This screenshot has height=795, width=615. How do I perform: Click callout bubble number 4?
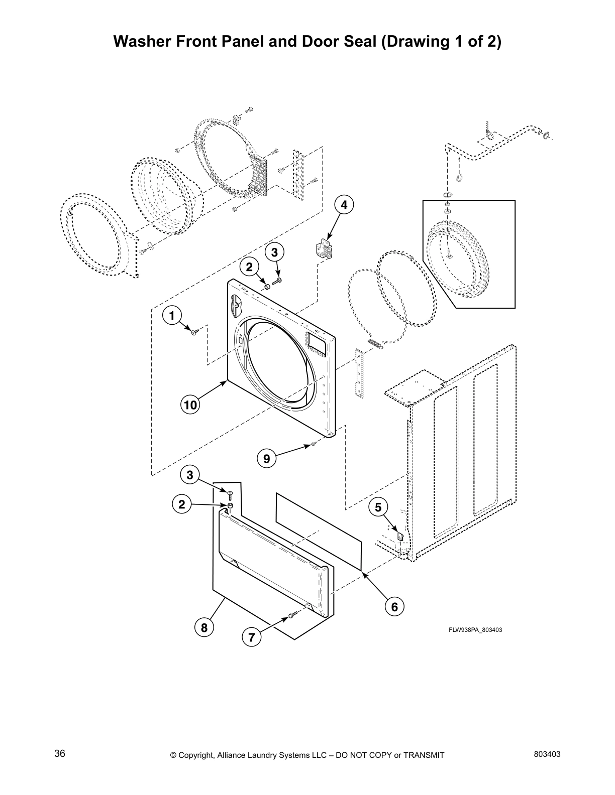(344, 205)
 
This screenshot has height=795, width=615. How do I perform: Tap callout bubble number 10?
(190, 405)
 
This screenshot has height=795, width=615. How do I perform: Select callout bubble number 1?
(171, 316)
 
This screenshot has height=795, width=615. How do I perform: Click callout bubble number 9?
(266, 458)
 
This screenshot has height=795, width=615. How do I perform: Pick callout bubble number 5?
(378, 507)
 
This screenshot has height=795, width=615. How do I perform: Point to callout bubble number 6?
(394, 607)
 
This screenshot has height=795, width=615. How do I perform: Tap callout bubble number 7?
(251, 637)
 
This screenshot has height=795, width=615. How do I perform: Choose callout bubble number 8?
(204, 627)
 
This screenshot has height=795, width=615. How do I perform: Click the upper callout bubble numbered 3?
(274, 252)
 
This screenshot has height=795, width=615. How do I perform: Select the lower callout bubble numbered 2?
(182, 504)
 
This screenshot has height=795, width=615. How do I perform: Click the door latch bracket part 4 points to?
(324, 249)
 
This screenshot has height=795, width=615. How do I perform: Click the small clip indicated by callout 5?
(400, 537)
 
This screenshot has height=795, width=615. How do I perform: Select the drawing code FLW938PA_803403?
(475, 630)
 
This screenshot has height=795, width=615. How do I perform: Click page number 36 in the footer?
(60, 754)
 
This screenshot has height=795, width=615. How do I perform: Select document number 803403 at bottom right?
(547, 754)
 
